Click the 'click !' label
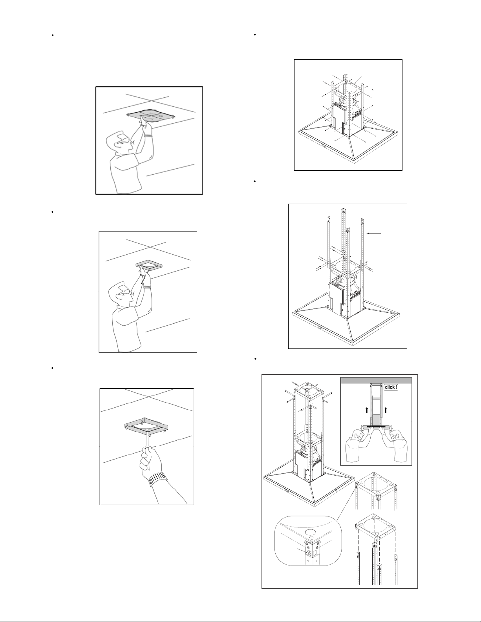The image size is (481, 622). [391, 387]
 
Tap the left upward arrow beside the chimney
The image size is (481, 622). [367, 410]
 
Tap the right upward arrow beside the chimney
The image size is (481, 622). [386, 410]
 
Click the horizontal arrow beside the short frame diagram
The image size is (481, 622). [377, 90]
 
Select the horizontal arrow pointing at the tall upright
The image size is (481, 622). [374, 233]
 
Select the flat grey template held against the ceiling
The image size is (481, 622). [150, 115]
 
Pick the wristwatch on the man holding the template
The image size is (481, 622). [148, 135]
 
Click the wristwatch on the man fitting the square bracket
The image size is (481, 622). [147, 286]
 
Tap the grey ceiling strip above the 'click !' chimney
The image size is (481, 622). [376, 380]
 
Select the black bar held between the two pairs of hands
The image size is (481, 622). [376, 426]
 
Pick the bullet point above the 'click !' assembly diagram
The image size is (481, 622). [254, 359]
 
